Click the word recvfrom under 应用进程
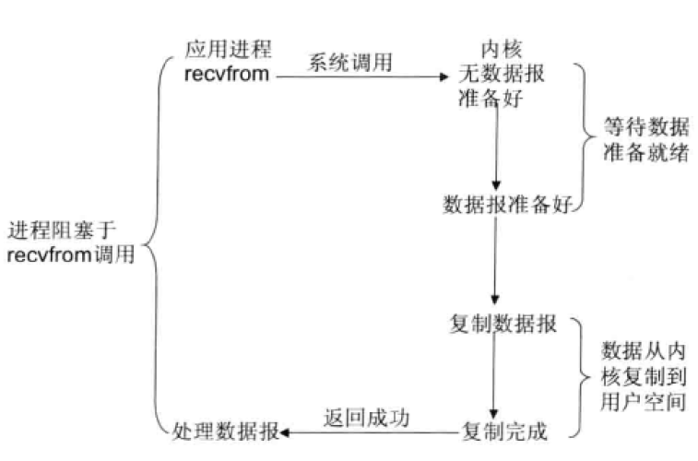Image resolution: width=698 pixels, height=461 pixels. pyautogui.click(x=228, y=75)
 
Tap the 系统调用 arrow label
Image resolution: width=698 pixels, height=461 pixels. pyautogui.click(x=349, y=64)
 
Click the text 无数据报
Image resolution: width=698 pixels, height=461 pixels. pyautogui.click(x=502, y=75)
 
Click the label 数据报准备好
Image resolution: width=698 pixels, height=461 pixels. pyautogui.click(x=503, y=204)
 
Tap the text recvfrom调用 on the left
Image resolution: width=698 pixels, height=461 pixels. pyautogui.click(x=70, y=255)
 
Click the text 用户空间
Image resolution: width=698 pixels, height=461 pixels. pyautogui.click(x=643, y=401)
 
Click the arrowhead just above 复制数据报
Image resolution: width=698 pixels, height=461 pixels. pyautogui.click(x=495, y=300)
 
